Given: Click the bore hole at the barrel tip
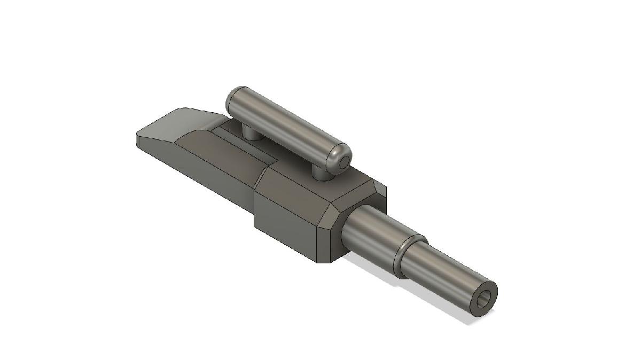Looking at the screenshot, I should (x=485, y=301).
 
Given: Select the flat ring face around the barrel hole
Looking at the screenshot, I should (x=492, y=291).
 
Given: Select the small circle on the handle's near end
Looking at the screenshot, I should (x=345, y=159).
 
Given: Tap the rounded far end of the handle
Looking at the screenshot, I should (x=233, y=96).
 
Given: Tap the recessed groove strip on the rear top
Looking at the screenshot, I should (x=246, y=147).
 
